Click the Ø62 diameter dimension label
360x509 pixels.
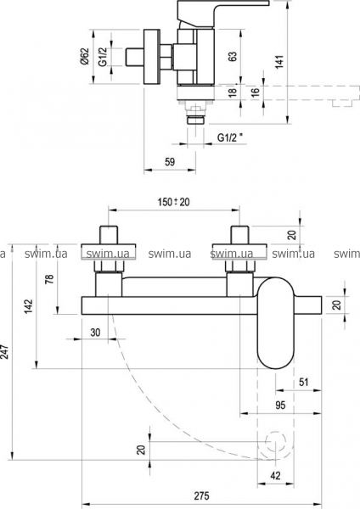pyautogui.click(x=85, y=57)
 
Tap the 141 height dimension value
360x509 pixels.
pyautogui.click(x=279, y=62)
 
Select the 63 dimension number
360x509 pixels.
pyautogui.click(x=233, y=56)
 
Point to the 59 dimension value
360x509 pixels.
pyautogui.click(x=170, y=161)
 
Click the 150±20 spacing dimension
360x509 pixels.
pyautogui.click(x=174, y=202)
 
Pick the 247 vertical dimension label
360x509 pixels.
pyautogui.click(x=5, y=351)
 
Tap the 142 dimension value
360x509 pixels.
pyautogui.click(x=29, y=305)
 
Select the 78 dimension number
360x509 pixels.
pyautogui.click(x=48, y=279)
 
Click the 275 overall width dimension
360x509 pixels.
pyautogui.click(x=202, y=495)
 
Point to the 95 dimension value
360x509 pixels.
pyautogui.click(x=280, y=405)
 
